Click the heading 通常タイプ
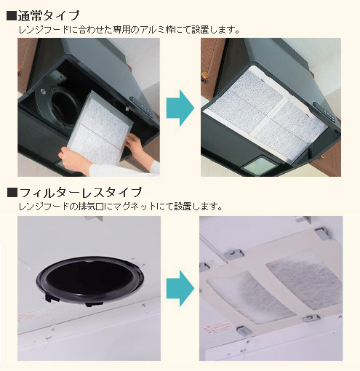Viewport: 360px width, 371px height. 49,16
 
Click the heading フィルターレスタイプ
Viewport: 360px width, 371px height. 80,192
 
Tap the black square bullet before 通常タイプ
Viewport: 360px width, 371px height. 12,16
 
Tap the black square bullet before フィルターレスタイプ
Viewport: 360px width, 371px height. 12,193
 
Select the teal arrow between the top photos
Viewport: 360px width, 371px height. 180,108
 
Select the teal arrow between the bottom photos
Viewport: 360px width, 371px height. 180,289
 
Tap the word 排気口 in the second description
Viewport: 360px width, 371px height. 90,207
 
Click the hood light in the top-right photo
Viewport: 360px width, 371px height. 259,166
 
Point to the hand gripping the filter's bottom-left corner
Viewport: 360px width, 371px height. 74,159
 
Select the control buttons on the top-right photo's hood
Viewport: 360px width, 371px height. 326,112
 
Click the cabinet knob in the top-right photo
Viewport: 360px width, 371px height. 205,76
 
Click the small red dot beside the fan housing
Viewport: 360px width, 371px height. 43,92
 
